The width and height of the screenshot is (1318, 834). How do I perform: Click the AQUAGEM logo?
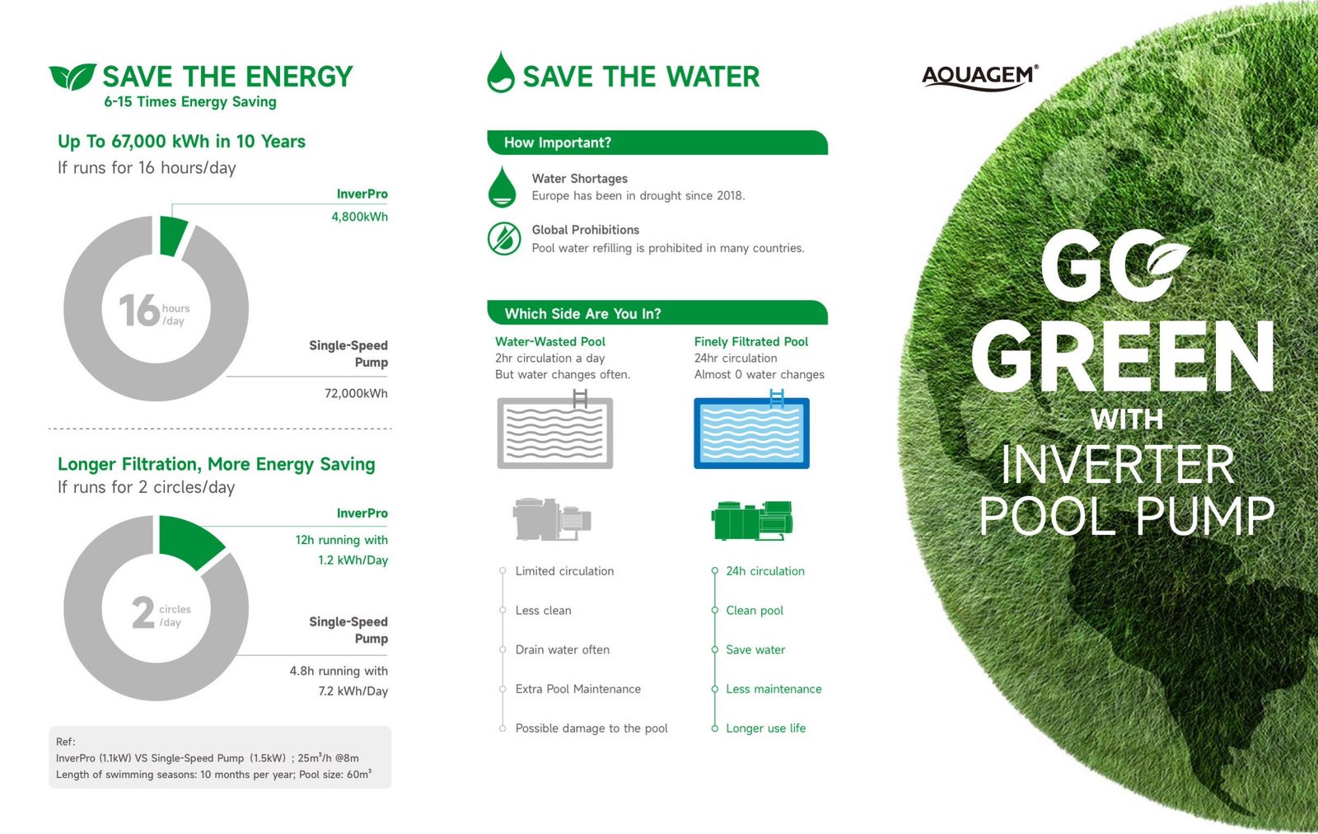coord(979,77)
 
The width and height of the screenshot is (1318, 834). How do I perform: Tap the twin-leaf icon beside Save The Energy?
coord(72,77)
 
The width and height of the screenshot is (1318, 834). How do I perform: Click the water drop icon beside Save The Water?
coord(501,72)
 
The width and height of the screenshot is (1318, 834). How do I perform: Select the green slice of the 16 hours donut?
coord(173,236)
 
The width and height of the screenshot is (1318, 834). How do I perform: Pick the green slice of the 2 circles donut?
coord(189,541)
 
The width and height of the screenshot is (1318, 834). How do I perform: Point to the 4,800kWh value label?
coord(359,217)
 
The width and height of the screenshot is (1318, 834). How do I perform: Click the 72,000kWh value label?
coord(356,393)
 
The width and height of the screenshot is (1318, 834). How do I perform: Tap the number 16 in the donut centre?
coord(139,310)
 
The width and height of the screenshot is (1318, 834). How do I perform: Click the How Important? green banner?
coord(657,143)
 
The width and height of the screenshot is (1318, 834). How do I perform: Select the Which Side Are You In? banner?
coord(657,313)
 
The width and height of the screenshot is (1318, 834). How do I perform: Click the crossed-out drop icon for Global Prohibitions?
coord(503,238)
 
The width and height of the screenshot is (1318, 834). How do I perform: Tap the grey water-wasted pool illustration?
coord(555,429)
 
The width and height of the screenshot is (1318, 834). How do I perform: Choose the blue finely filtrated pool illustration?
coord(751,429)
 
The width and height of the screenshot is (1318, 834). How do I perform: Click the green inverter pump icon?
coord(752,520)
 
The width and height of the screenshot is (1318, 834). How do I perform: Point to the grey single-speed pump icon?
coord(552,519)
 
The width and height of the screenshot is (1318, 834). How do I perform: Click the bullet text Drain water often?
coord(563,649)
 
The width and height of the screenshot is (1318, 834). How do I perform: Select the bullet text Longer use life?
coord(765,728)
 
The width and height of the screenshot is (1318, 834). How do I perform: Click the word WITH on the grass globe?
coord(1127,419)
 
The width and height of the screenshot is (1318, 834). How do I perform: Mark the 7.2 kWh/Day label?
coord(353,691)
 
